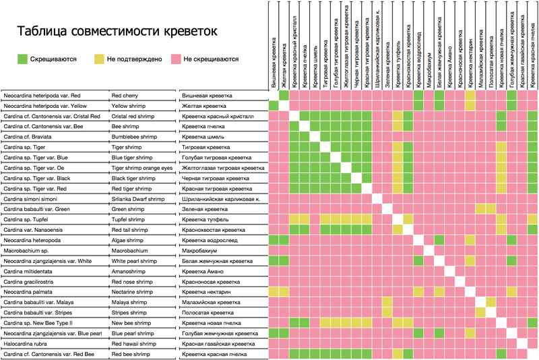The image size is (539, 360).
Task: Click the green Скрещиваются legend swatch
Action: pos(24,59)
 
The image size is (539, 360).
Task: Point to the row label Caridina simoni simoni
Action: pos(30,199)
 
